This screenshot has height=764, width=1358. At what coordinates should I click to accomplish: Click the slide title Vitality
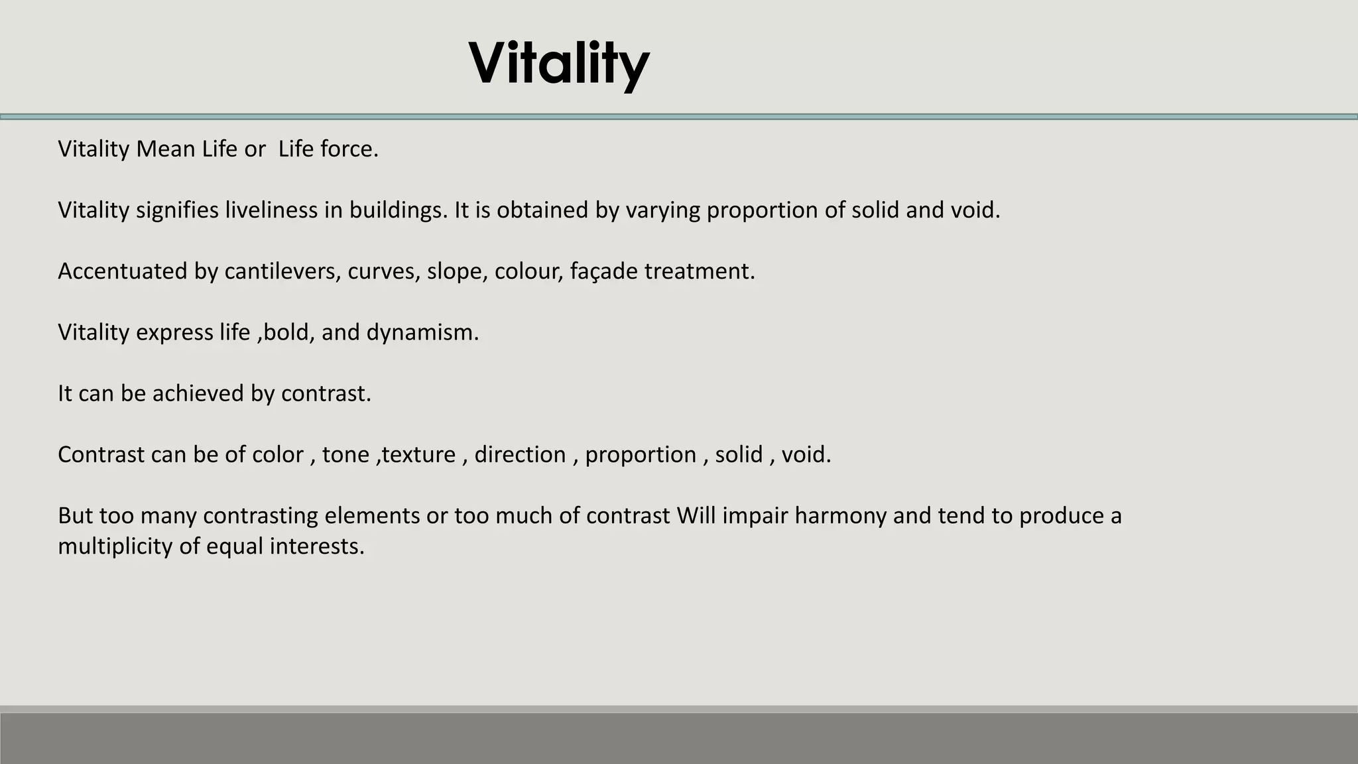[x=558, y=64]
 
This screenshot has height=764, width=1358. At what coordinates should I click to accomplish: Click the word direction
[x=520, y=454]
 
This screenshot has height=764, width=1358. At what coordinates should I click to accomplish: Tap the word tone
[x=345, y=454]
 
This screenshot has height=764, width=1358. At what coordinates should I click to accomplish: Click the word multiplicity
[x=115, y=546]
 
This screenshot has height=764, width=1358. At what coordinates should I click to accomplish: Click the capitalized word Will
[x=696, y=515]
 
